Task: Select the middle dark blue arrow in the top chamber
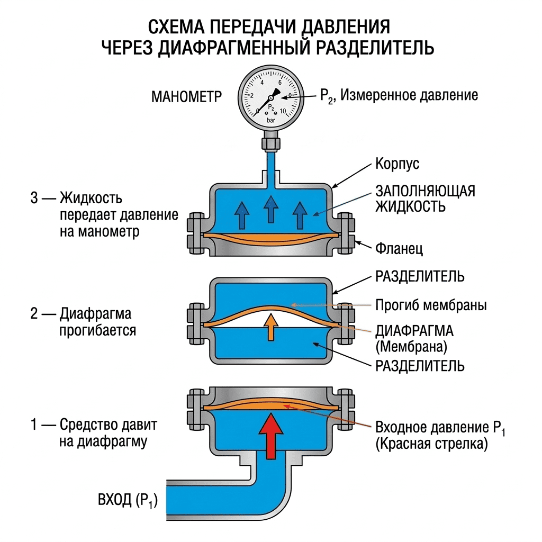pyautogui.click(x=270, y=209)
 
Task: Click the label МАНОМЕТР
pyautogui.click(x=186, y=97)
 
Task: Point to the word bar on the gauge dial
pyautogui.click(x=271, y=120)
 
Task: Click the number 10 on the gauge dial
pyautogui.click(x=283, y=111)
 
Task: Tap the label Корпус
pyautogui.click(x=397, y=164)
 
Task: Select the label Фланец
pyautogui.click(x=399, y=248)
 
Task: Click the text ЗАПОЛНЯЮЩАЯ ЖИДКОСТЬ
pyautogui.click(x=425, y=199)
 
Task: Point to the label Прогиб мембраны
pyautogui.click(x=431, y=305)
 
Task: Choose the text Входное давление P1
pyautogui.click(x=440, y=428)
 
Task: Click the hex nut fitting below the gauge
pyautogui.click(x=271, y=143)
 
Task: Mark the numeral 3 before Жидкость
pyautogui.click(x=34, y=198)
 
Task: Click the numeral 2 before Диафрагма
pyautogui.click(x=34, y=313)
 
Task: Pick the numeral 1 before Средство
pyautogui.click(x=34, y=424)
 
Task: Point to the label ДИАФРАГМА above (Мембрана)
pyautogui.click(x=414, y=331)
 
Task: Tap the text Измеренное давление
pyautogui.click(x=409, y=95)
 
